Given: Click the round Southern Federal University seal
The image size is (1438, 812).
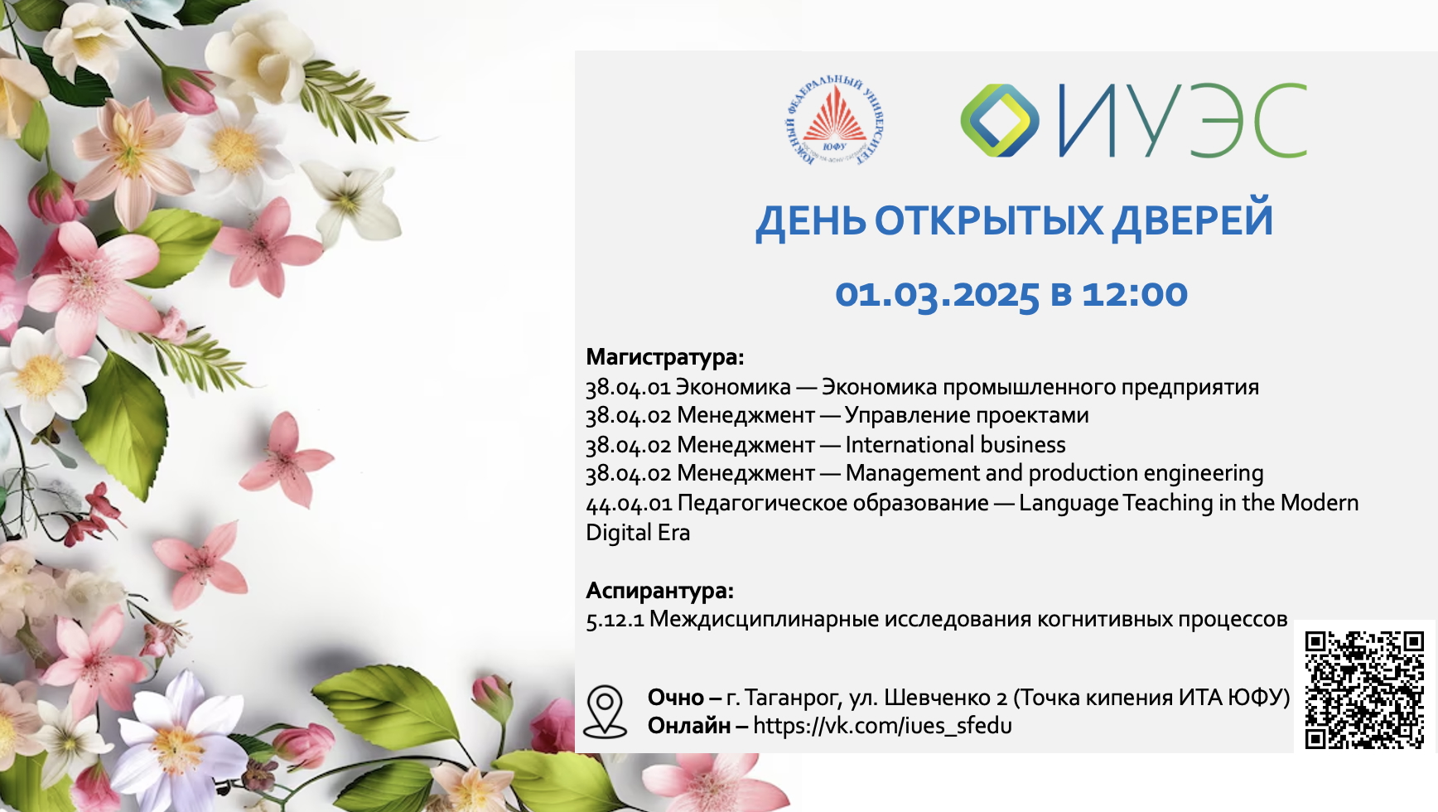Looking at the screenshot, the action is [x=833, y=120].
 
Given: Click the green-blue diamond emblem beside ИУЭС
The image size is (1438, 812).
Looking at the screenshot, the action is [x=1000, y=120].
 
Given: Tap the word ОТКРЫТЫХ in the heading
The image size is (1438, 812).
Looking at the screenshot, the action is [x=989, y=220].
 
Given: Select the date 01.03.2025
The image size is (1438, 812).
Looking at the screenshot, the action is [x=937, y=294].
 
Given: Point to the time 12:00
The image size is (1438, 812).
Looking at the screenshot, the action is [x=1135, y=294].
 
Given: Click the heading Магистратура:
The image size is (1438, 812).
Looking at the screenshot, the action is [x=665, y=357].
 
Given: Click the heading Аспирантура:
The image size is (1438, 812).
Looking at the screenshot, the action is [x=659, y=591].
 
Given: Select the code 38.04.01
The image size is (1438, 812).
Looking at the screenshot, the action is [x=628, y=387].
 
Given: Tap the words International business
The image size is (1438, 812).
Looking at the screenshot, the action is [x=955, y=445].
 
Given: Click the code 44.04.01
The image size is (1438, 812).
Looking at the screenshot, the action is [x=629, y=503].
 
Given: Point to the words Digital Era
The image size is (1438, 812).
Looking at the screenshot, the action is [x=638, y=533].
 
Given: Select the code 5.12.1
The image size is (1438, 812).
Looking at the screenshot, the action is [x=615, y=620].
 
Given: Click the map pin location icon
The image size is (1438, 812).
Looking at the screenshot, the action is [x=605, y=711].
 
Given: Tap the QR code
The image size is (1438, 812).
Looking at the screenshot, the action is [x=1364, y=689].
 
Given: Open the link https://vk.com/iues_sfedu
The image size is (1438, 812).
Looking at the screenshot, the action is [x=882, y=726].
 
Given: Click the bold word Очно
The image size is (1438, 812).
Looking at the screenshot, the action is [x=675, y=697].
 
